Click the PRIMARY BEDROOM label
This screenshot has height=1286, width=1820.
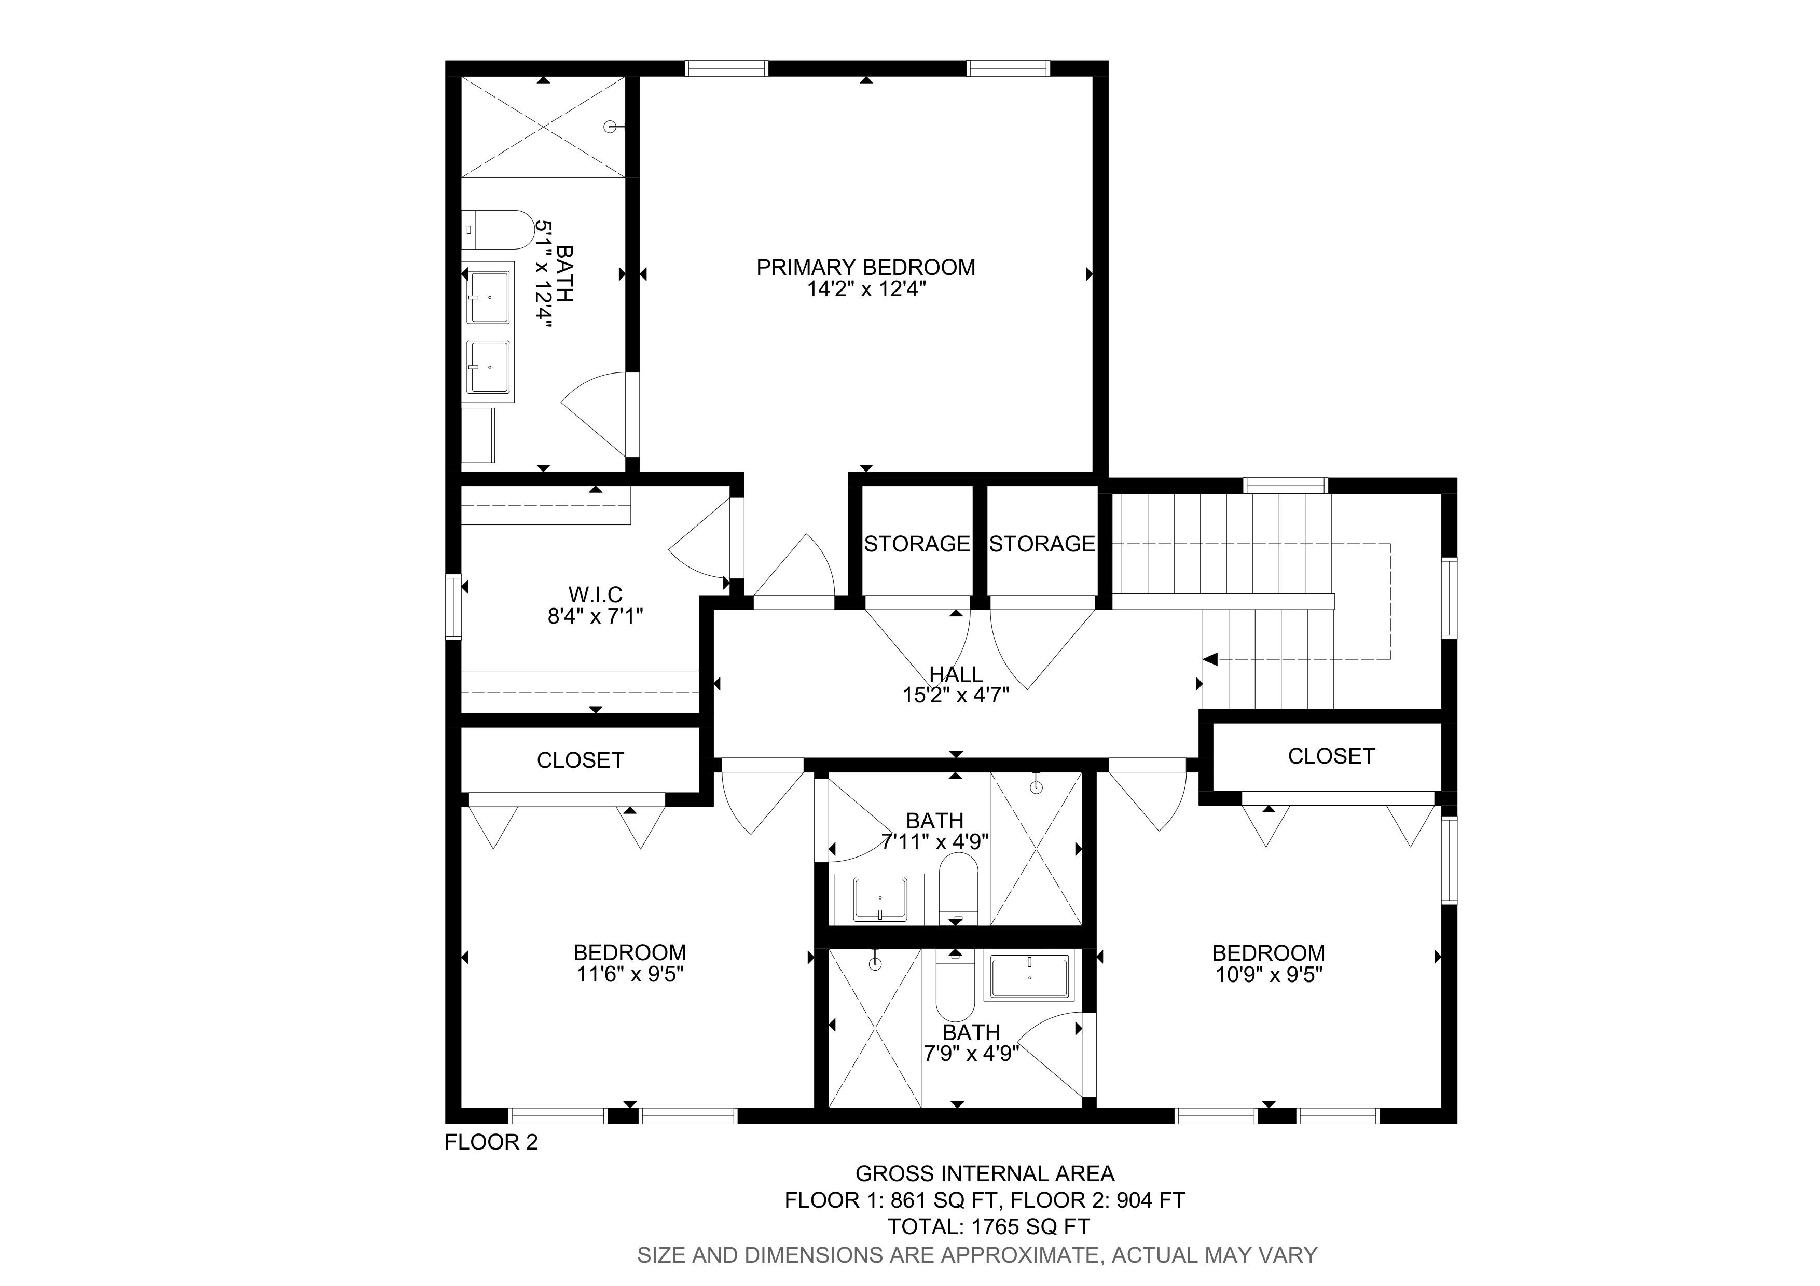pyautogui.click(x=865, y=268)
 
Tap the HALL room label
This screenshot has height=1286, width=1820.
pyautogui.click(x=956, y=674)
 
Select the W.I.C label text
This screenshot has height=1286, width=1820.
pyautogui.click(x=595, y=594)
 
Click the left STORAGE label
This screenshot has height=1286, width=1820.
pyautogui.click(x=916, y=544)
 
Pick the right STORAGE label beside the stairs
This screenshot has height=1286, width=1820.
pyautogui.click(x=1042, y=544)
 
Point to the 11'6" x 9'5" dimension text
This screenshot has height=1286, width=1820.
pyautogui.click(x=630, y=974)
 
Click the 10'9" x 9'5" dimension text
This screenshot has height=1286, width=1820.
pyautogui.click(x=1269, y=974)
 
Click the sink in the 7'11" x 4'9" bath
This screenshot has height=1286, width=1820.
pyautogui.click(x=880, y=900)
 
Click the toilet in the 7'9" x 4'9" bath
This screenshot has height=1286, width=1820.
pyautogui.click(x=955, y=987)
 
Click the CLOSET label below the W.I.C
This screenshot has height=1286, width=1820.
pyautogui.click(x=580, y=760)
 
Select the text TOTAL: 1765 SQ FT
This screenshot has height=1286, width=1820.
pyautogui.click(x=988, y=1226)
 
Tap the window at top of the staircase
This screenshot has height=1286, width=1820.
pyautogui.click(x=1285, y=485)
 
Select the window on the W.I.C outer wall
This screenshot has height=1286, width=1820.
pyautogui.click(x=453, y=607)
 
